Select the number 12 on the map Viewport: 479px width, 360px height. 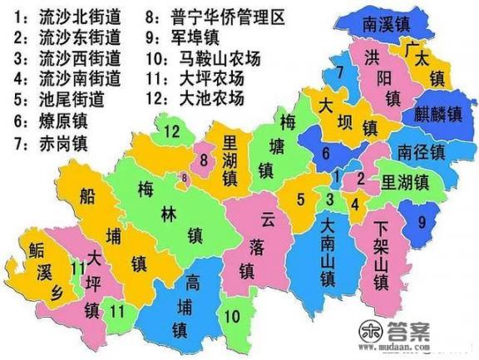tap(172, 131)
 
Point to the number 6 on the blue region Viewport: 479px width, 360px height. tap(327, 153)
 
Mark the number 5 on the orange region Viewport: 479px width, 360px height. tap(303, 200)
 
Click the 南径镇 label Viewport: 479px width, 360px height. tap(421, 151)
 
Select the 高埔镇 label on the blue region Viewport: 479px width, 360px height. tap(192, 306)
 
